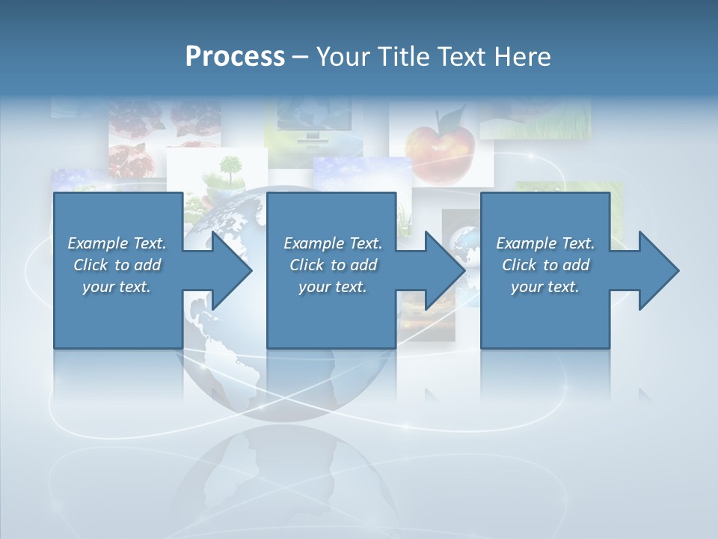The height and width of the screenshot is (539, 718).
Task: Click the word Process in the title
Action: pos(235,57)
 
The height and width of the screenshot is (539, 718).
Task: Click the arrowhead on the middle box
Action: pos(444,270)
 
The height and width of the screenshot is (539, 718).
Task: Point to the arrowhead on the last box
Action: pos(657,270)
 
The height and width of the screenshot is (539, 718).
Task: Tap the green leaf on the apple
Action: pos(450,118)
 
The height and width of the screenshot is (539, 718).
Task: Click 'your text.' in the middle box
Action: pos(332,287)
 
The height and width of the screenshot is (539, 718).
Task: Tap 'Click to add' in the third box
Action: pos(545,265)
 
